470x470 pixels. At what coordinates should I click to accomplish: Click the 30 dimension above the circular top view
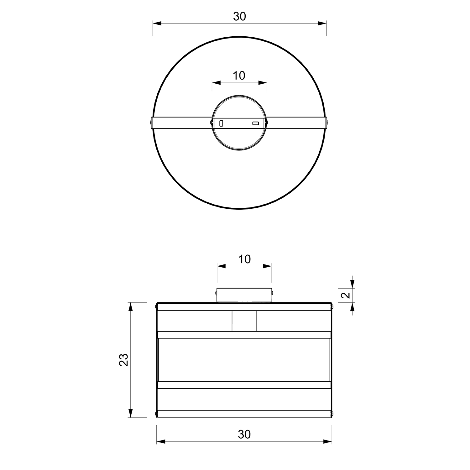[240, 16]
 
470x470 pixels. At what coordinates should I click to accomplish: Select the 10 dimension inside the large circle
[239, 76]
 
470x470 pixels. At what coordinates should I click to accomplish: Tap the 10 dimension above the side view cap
[244, 259]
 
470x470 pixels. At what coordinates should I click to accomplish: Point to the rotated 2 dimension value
[345, 295]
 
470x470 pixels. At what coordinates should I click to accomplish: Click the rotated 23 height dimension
[124, 360]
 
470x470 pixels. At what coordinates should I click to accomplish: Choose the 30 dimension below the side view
[244, 434]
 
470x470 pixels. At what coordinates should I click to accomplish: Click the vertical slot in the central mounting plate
[222, 123]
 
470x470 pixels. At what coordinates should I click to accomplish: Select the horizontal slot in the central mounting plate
[256, 123]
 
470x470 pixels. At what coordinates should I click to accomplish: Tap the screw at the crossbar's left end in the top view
[152, 123]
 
